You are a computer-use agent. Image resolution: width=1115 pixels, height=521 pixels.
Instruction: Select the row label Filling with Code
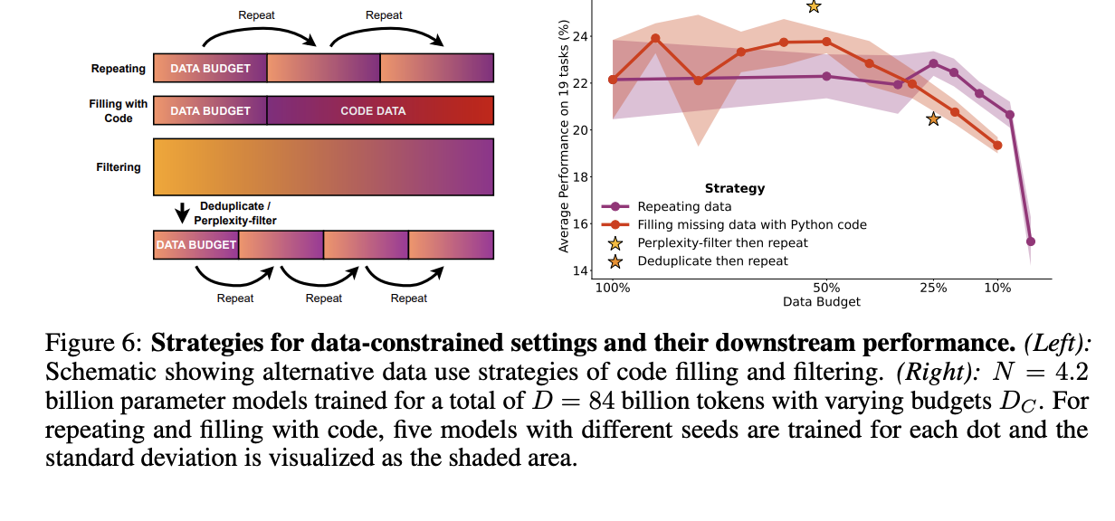(x=118, y=110)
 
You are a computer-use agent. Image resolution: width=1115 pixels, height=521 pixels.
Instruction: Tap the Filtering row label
(x=119, y=166)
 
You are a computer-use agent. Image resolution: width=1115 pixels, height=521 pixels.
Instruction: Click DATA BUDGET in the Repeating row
(x=210, y=68)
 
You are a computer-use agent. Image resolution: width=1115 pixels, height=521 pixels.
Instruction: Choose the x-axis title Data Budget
(x=822, y=302)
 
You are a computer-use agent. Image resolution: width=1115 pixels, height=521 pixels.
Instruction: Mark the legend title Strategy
(x=734, y=189)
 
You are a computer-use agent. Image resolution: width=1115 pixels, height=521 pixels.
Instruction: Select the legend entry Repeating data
(x=683, y=207)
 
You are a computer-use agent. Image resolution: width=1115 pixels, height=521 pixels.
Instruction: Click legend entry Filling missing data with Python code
(x=751, y=224)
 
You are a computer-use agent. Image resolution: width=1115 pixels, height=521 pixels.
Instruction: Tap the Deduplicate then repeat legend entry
(x=712, y=260)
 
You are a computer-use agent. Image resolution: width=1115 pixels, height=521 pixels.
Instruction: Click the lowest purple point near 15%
(x=1031, y=242)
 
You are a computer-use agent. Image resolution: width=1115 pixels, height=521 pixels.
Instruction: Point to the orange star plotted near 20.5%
(x=933, y=119)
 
